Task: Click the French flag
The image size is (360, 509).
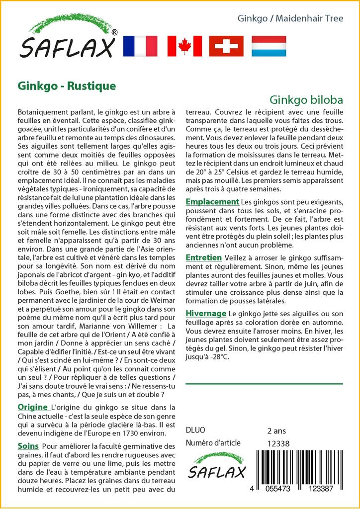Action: [139, 46]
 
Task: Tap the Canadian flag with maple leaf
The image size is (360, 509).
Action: [184, 46]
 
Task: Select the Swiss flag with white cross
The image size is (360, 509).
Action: [226, 46]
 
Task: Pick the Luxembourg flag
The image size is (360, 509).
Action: [269, 46]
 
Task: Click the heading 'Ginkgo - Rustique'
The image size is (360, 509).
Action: [67, 85]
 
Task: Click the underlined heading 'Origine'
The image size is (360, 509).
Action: [33, 408]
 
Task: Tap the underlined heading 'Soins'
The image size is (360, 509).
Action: [28, 445]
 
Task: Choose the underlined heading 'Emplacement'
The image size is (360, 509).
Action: [212, 202]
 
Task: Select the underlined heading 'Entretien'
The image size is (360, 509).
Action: [204, 257]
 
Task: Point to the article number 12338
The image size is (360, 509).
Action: [278, 443]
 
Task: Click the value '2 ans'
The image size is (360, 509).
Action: [277, 430]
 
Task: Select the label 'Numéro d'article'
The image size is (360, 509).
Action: [213, 443]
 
